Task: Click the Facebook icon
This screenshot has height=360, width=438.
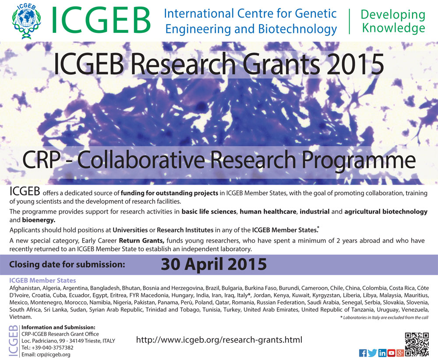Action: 363,353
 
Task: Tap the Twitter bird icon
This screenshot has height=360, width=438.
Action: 372,353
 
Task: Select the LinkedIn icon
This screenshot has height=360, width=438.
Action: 382,353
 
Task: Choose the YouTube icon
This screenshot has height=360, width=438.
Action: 391,353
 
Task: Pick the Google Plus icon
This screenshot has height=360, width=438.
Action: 400,353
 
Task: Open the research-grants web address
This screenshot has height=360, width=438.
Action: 219,339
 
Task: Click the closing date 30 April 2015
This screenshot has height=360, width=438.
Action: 213,264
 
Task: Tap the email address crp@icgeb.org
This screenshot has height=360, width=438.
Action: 46,355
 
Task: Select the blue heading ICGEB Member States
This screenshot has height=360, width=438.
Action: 42,280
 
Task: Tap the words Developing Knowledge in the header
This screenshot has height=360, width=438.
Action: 392,21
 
